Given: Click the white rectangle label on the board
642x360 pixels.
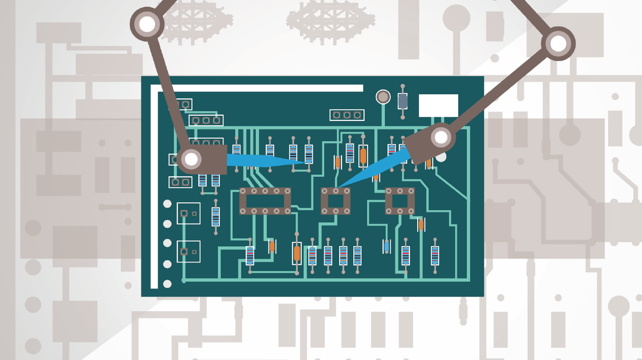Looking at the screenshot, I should point(438,105).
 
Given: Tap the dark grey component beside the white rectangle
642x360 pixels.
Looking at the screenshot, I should point(402,101).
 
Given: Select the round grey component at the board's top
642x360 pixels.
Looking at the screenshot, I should point(383,97).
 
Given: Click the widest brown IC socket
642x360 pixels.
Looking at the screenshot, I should point(265,201).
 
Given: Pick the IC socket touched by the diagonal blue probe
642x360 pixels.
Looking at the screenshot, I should point(336,201).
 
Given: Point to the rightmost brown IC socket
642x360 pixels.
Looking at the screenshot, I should point(400,201).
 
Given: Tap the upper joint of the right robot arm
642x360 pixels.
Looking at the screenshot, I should point(558,44).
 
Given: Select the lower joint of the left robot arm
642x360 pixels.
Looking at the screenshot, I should point(191,159).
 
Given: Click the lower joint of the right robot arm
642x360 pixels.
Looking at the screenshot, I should point(440,137).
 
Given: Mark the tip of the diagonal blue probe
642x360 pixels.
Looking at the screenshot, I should point(338,186).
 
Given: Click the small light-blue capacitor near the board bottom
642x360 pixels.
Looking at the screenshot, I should point(387,247).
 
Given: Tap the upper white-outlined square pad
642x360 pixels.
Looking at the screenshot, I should point(188,213).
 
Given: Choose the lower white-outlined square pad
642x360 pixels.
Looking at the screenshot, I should point(188,252).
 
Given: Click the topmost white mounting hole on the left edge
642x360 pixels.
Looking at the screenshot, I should point(167,204).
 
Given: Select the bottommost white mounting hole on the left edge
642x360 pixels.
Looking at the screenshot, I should point(167,284).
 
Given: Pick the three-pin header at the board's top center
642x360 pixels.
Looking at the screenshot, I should point(347,115).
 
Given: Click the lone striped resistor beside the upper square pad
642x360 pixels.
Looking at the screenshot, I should point(216,216).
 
